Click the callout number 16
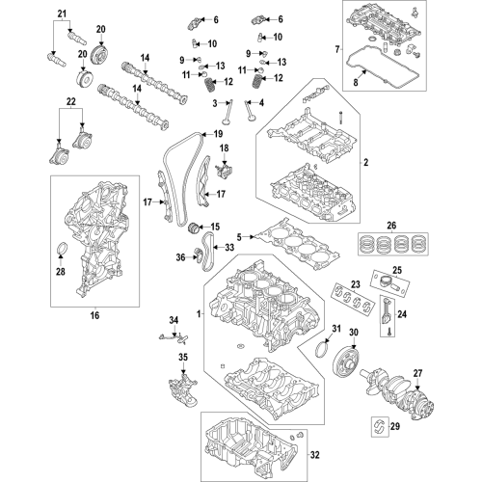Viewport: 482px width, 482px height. (94, 315)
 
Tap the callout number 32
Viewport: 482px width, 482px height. (315, 455)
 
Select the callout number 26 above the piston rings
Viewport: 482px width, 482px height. (391, 226)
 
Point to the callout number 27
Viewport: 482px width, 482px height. (417, 373)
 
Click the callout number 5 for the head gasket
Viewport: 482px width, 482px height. (239, 237)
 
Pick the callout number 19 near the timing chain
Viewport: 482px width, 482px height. (218, 133)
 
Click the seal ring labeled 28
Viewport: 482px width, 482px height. (62, 250)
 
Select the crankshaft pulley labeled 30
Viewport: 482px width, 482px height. (345, 362)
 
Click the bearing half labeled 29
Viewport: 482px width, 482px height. (380, 426)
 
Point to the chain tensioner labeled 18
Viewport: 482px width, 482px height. (224, 171)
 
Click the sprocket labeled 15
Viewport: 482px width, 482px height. (194, 228)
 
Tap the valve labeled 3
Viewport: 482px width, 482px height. (228, 113)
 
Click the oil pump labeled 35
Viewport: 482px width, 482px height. (182, 389)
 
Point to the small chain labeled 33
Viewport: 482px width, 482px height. (206, 252)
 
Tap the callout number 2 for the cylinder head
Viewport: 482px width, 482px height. (366, 163)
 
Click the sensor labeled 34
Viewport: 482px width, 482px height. (174, 338)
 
